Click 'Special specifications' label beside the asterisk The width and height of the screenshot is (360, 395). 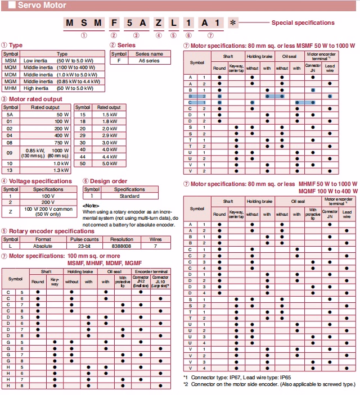(x=303, y=23)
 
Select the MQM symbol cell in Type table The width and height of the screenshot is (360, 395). (x=11, y=66)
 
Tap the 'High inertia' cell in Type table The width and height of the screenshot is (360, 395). (x=37, y=88)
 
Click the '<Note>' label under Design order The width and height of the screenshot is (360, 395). (x=92, y=205)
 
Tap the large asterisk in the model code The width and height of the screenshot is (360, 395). (x=233, y=24)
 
